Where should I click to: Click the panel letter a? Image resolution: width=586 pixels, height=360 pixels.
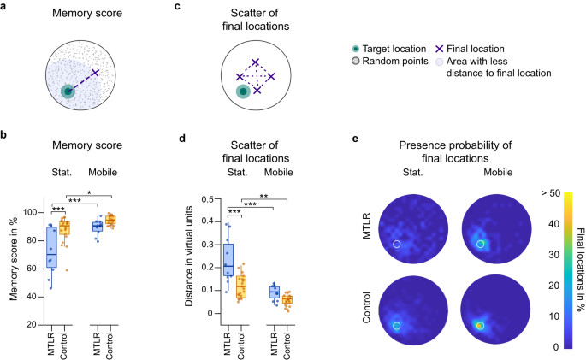click(x=6, y=6)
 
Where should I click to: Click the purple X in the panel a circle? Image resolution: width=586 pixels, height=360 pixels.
click(x=95, y=73)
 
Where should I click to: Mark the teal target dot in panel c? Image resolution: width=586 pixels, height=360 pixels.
click(x=244, y=90)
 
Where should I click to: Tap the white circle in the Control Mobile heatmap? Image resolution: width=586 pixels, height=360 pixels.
click(x=481, y=326)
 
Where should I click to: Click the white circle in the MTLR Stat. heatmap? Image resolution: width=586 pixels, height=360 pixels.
click(x=396, y=245)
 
